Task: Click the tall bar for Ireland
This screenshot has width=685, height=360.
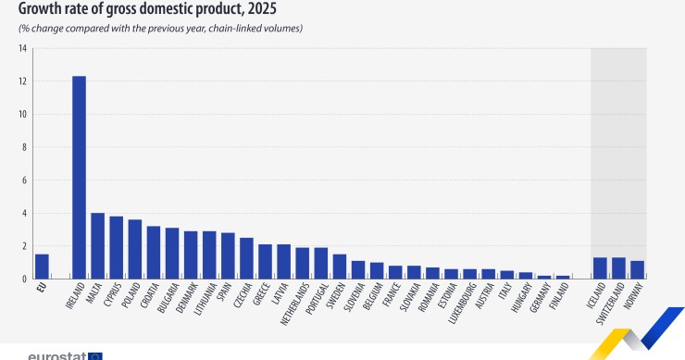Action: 79,177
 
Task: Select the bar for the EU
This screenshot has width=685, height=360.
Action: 42,267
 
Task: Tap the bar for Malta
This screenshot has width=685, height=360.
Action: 97,246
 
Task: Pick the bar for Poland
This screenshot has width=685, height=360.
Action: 134,249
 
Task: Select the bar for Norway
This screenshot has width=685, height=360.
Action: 637,269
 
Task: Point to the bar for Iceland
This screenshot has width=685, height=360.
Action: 600,268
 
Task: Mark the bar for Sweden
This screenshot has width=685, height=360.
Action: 339,267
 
